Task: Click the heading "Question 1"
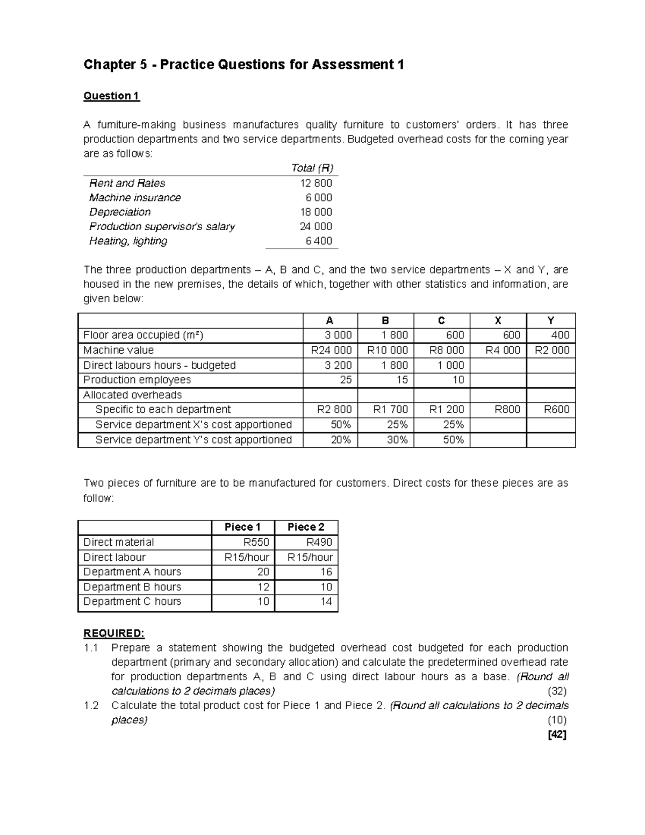(x=111, y=96)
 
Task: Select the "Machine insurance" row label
(x=135, y=198)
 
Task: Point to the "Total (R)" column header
(x=312, y=168)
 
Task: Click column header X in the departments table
(x=498, y=321)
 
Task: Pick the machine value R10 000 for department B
(x=387, y=351)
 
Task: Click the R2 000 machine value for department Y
(x=552, y=351)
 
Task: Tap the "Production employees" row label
(x=137, y=380)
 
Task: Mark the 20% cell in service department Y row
(x=340, y=440)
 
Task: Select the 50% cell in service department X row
(x=340, y=425)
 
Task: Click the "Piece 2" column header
(x=306, y=527)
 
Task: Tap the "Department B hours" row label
(x=132, y=587)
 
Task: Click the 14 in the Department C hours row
(x=326, y=602)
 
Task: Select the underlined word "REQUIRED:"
(x=114, y=633)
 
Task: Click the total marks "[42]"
(x=556, y=734)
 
